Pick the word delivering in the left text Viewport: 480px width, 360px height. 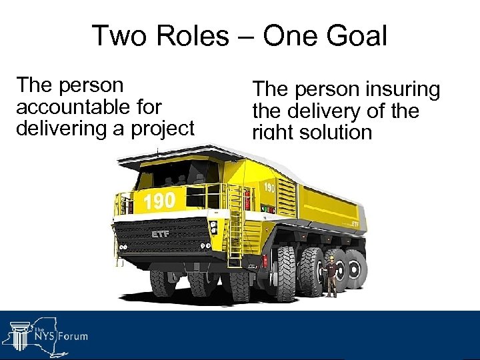tap(57, 127)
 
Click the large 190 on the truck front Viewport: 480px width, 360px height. tap(160, 200)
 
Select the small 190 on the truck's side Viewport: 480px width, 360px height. tap(269, 188)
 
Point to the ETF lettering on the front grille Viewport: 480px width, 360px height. tap(160, 235)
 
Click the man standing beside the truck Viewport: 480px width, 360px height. tap(330, 276)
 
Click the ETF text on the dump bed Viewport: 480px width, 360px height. tap(355, 224)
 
